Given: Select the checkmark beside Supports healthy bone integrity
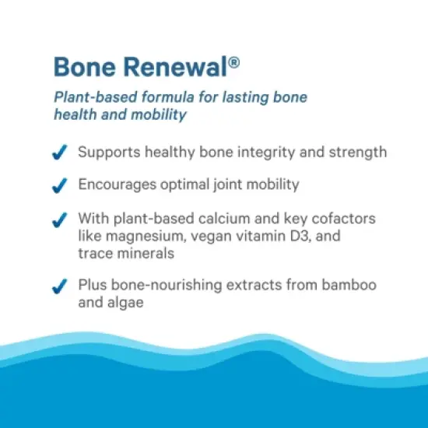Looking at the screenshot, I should [59, 153].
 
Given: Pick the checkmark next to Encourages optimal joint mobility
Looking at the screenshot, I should [59, 187].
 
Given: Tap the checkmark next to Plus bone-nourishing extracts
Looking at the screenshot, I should [59, 287].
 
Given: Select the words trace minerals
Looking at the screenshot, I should [125, 253].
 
